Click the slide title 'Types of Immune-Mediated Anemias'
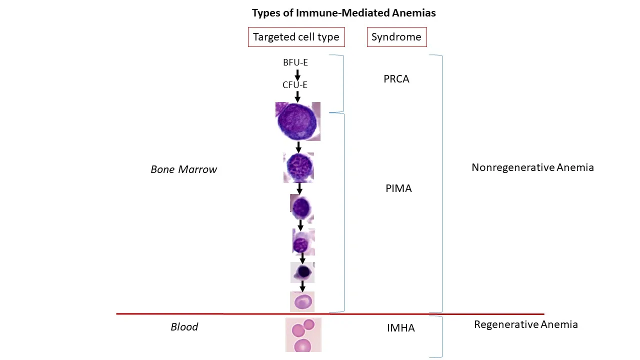[x=343, y=13]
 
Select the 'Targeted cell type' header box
[x=296, y=37]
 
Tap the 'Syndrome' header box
[x=396, y=37]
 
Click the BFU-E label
[x=295, y=62]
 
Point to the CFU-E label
[x=295, y=85]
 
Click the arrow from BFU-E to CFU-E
[x=297, y=74]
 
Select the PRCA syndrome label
[x=396, y=79]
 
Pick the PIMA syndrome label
[x=398, y=188]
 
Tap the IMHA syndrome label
[x=400, y=328]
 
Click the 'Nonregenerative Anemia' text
[x=532, y=167]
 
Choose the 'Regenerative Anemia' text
[x=525, y=324]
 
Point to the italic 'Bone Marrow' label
[x=183, y=169]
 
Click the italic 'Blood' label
[x=184, y=327]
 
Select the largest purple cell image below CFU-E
[x=297, y=121]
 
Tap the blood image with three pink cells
[x=303, y=334]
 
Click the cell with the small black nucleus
[x=302, y=272]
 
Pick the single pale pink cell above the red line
[x=302, y=301]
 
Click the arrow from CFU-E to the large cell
[x=297, y=96]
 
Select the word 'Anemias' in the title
[x=415, y=13]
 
